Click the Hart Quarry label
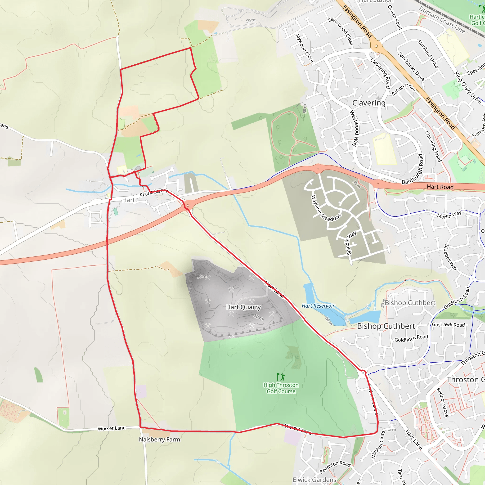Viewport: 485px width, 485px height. [243, 307]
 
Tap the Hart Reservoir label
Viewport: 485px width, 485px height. [318, 306]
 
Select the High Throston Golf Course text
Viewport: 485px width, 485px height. [281, 388]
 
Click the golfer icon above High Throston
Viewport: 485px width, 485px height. [281, 377]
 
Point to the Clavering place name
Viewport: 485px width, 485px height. [369, 103]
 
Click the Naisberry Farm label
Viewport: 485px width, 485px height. [159, 440]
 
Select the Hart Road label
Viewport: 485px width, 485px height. [440, 187]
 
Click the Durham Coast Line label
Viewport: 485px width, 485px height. [442, 20]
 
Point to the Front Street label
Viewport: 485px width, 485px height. [153, 193]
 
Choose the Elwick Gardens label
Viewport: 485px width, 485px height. [314, 480]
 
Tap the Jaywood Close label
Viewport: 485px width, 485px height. [304, 48]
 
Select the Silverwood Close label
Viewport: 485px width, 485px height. [341, 31]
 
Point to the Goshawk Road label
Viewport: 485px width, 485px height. [448, 325]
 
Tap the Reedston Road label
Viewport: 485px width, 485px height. [335, 467]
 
